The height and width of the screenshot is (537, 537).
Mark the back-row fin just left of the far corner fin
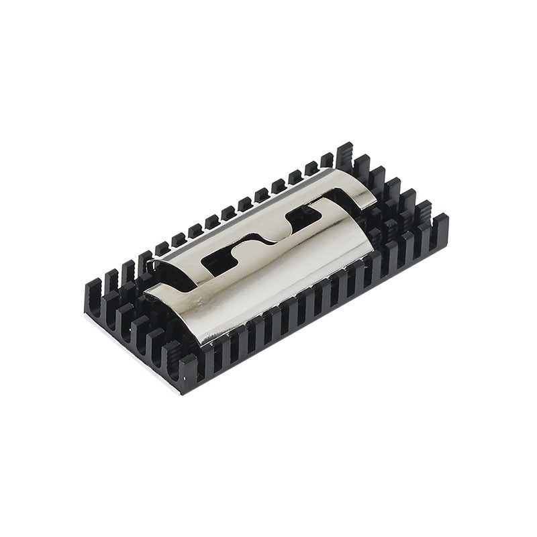[x=328, y=161]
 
